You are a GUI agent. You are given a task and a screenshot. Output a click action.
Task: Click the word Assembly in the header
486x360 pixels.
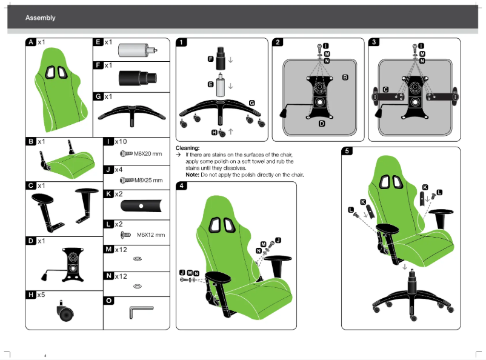pos(40,18)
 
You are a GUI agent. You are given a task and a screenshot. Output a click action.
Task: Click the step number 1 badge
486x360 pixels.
pos(182,42)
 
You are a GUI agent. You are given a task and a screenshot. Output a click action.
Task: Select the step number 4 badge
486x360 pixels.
pos(182,186)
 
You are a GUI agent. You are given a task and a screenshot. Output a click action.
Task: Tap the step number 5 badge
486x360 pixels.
pos(347,151)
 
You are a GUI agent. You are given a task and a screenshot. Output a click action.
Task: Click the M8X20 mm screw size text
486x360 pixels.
pos(147,154)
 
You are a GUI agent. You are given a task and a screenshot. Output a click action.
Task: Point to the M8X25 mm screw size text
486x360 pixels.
pos(148,180)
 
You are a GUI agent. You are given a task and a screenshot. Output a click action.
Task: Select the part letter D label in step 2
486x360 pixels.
pos(322,123)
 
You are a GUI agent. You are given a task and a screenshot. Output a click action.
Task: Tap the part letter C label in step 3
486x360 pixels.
pos(385,89)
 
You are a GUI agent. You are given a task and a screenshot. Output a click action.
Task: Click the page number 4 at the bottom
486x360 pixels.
pos(45,355)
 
